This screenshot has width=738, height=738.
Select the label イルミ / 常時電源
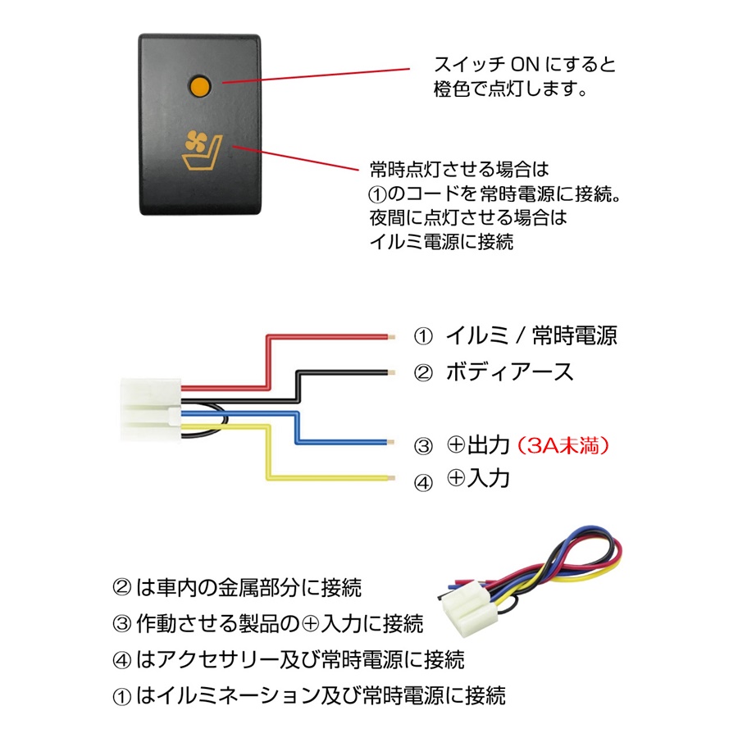click(x=531, y=335)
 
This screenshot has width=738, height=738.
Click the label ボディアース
click(x=508, y=371)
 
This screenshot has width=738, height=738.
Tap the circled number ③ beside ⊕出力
click(x=423, y=447)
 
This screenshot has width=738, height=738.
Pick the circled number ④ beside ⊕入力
click(x=423, y=482)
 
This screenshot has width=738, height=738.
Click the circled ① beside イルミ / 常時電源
click(x=422, y=336)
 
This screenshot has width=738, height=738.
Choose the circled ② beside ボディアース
click(x=423, y=373)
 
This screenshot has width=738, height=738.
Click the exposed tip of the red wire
click(x=394, y=335)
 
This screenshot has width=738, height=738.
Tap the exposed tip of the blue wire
click(x=394, y=443)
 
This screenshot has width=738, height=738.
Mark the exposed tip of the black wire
click(x=394, y=372)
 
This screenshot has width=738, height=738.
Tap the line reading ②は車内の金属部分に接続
click(x=236, y=587)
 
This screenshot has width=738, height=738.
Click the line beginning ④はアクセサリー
click(x=288, y=659)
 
